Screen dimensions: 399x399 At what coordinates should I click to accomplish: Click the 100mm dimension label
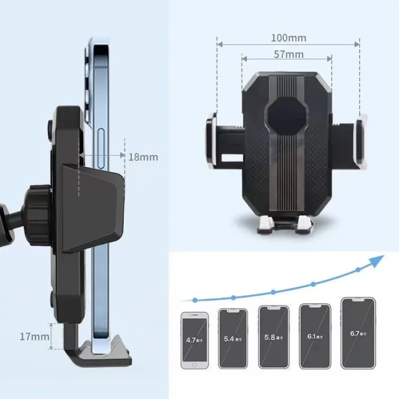(x=288, y=38)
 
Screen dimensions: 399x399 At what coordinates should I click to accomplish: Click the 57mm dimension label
(x=288, y=55)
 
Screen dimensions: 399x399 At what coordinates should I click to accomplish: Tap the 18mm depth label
(x=142, y=157)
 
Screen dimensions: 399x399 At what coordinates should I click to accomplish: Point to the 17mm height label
(x=34, y=336)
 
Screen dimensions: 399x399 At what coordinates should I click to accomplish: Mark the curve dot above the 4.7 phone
(x=195, y=299)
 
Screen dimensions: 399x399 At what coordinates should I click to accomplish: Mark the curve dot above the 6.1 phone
(x=313, y=283)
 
